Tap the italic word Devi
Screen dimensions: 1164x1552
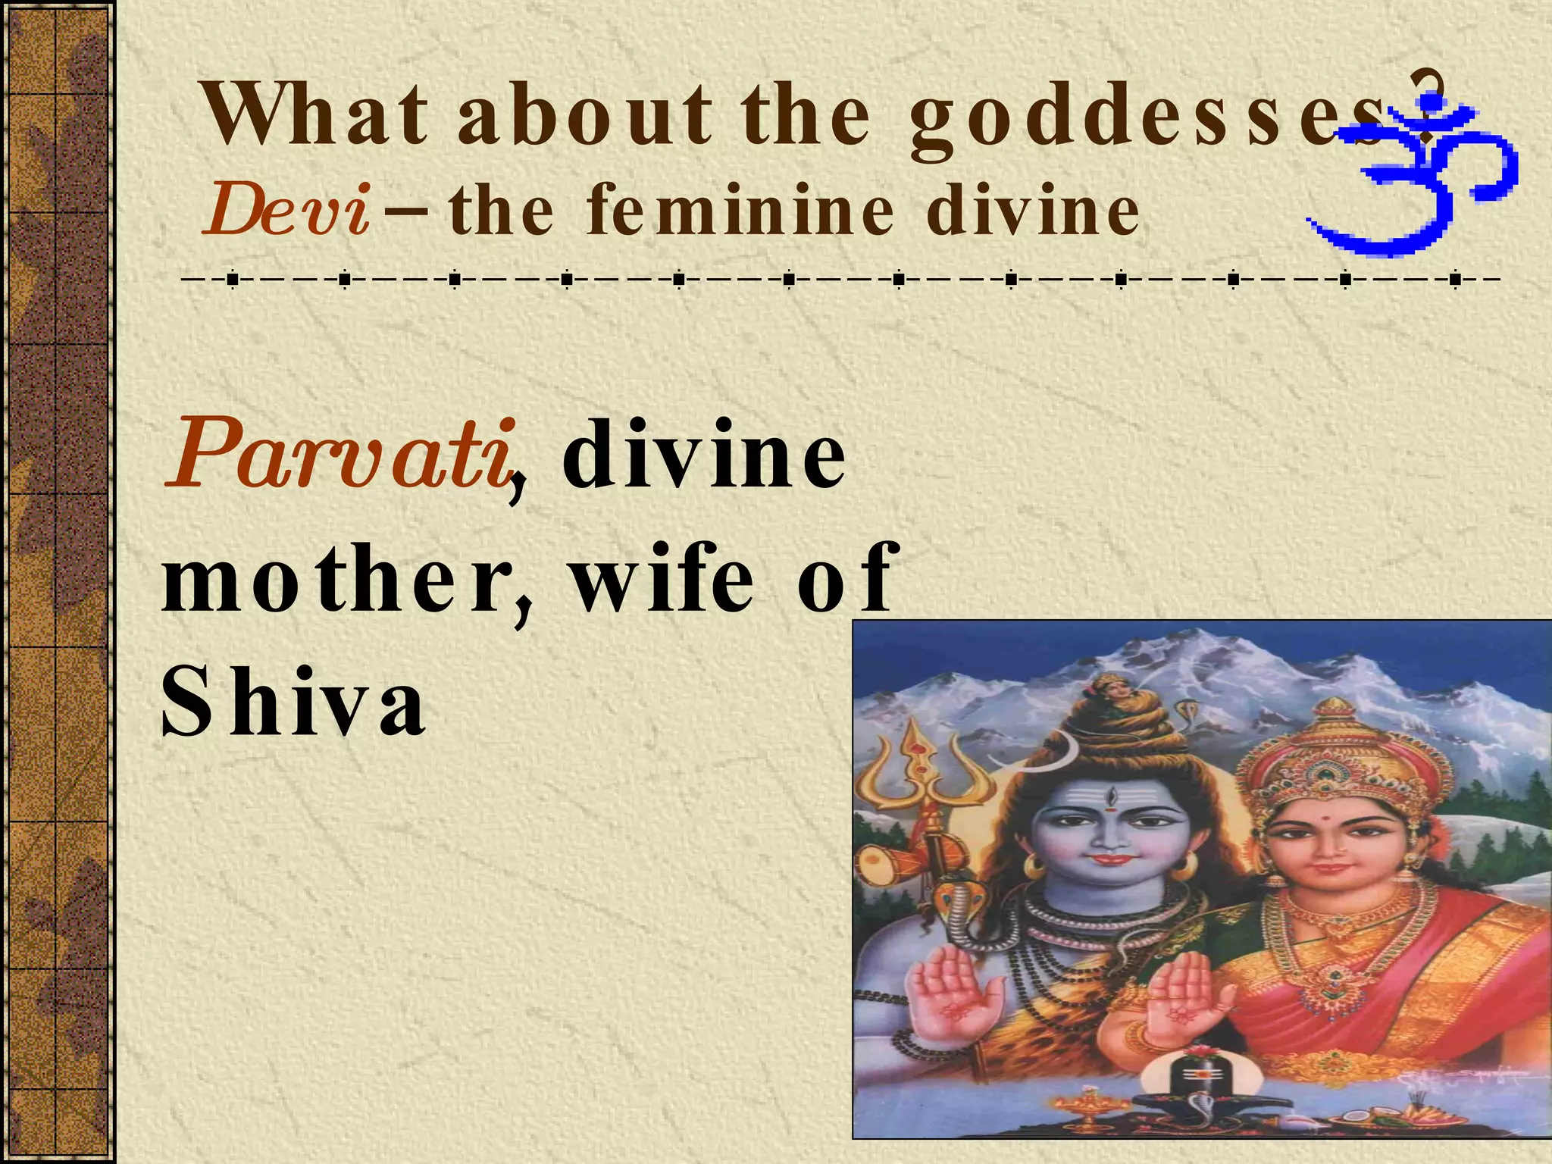click(286, 211)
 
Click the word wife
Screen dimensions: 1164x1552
click(662, 580)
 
